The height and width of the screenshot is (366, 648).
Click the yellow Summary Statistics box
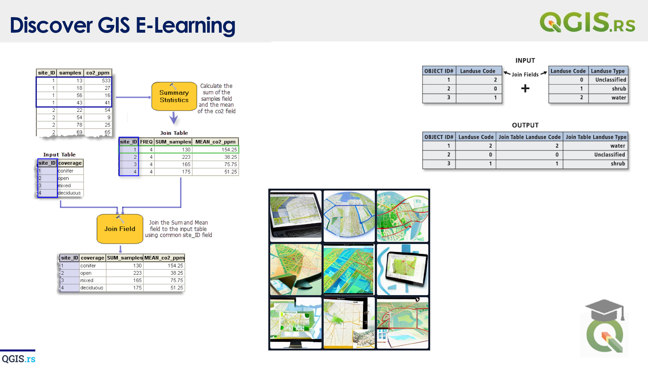tap(174, 96)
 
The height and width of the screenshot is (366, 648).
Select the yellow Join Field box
tap(120, 229)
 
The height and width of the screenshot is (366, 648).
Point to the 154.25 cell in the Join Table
tap(229, 150)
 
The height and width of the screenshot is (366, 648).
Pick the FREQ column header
tap(146, 142)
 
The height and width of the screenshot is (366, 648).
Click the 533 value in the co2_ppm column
tap(106, 81)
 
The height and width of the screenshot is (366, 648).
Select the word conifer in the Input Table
tap(66, 171)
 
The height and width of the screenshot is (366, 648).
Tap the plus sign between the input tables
tap(525, 88)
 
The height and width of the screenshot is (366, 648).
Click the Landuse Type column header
tap(608, 71)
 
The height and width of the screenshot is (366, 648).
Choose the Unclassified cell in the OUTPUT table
tap(609, 155)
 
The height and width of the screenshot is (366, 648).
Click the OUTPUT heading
tap(525, 125)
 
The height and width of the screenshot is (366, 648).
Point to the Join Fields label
tap(525, 74)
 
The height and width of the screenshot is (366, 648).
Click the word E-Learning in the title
tap(185, 25)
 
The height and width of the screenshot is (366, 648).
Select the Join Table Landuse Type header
tap(596, 137)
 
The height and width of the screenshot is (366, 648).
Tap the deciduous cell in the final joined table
tap(92, 288)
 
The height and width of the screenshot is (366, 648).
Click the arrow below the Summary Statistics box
tap(174, 118)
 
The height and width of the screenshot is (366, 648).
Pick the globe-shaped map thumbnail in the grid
tap(349, 216)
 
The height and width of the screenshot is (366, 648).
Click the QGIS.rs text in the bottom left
tap(18, 359)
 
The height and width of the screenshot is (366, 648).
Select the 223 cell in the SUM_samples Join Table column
tap(186, 157)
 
